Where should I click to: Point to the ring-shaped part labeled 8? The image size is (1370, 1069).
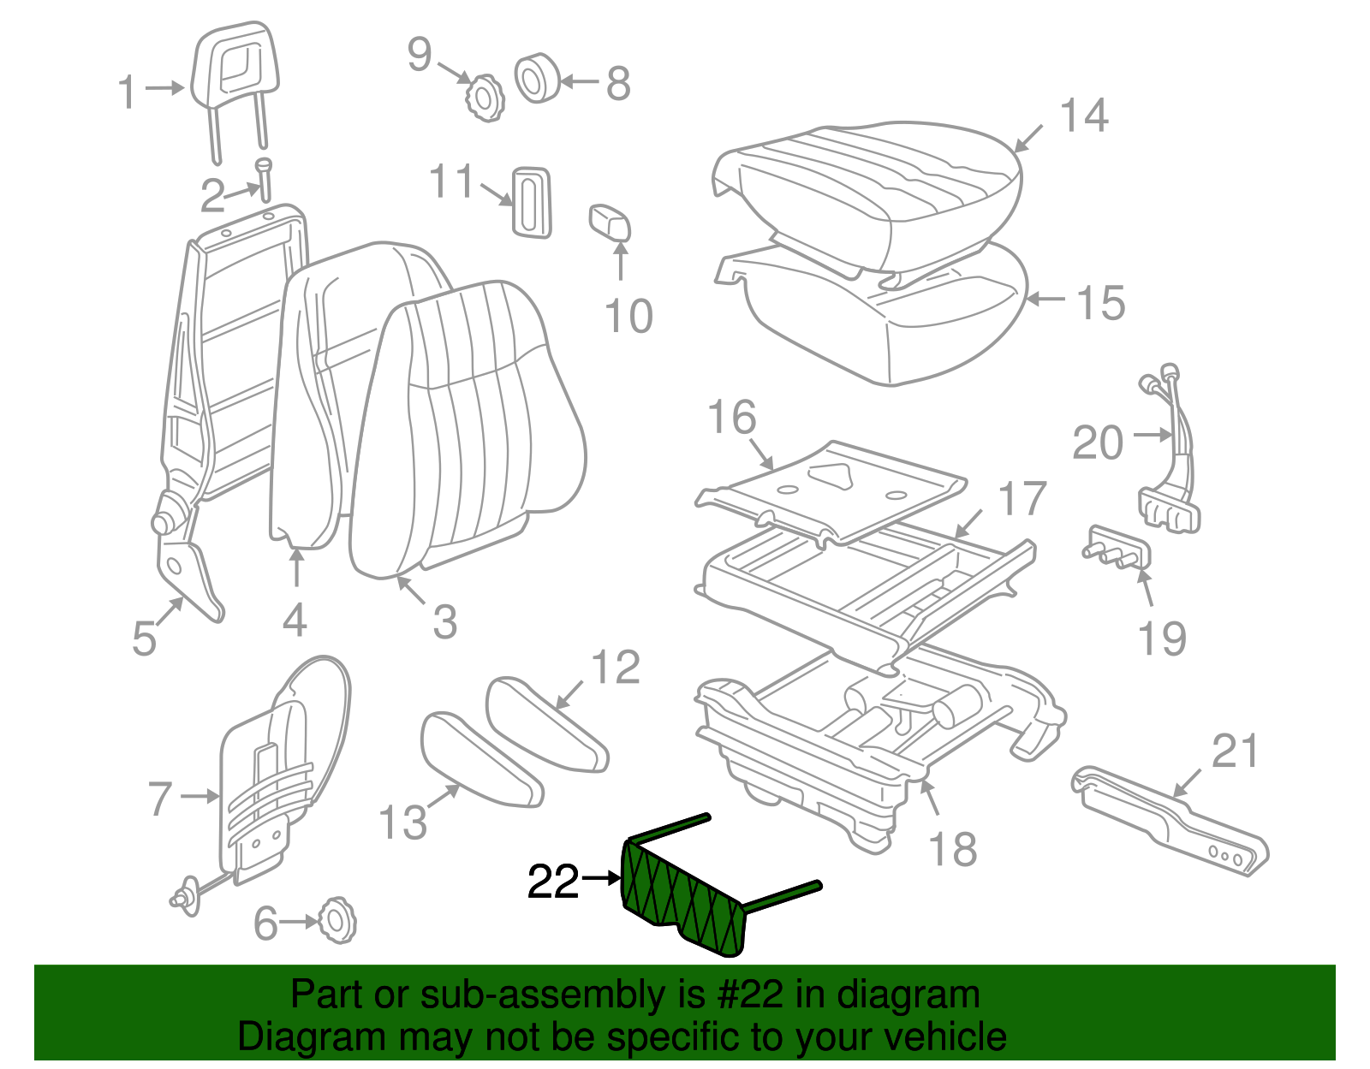coord(537,79)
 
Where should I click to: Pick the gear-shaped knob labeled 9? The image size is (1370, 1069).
coord(485,97)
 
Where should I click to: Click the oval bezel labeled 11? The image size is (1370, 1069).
coord(532,202)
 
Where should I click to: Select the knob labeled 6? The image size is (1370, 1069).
coord(337,922)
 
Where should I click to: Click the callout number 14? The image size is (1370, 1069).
coord(1083,116)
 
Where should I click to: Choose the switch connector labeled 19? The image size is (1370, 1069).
coord(1117,548)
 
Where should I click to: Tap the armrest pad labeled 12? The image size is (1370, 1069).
coord(545,723)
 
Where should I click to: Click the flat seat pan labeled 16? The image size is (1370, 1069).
coord(831,488)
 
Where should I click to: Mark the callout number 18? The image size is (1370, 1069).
coord(952,850)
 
